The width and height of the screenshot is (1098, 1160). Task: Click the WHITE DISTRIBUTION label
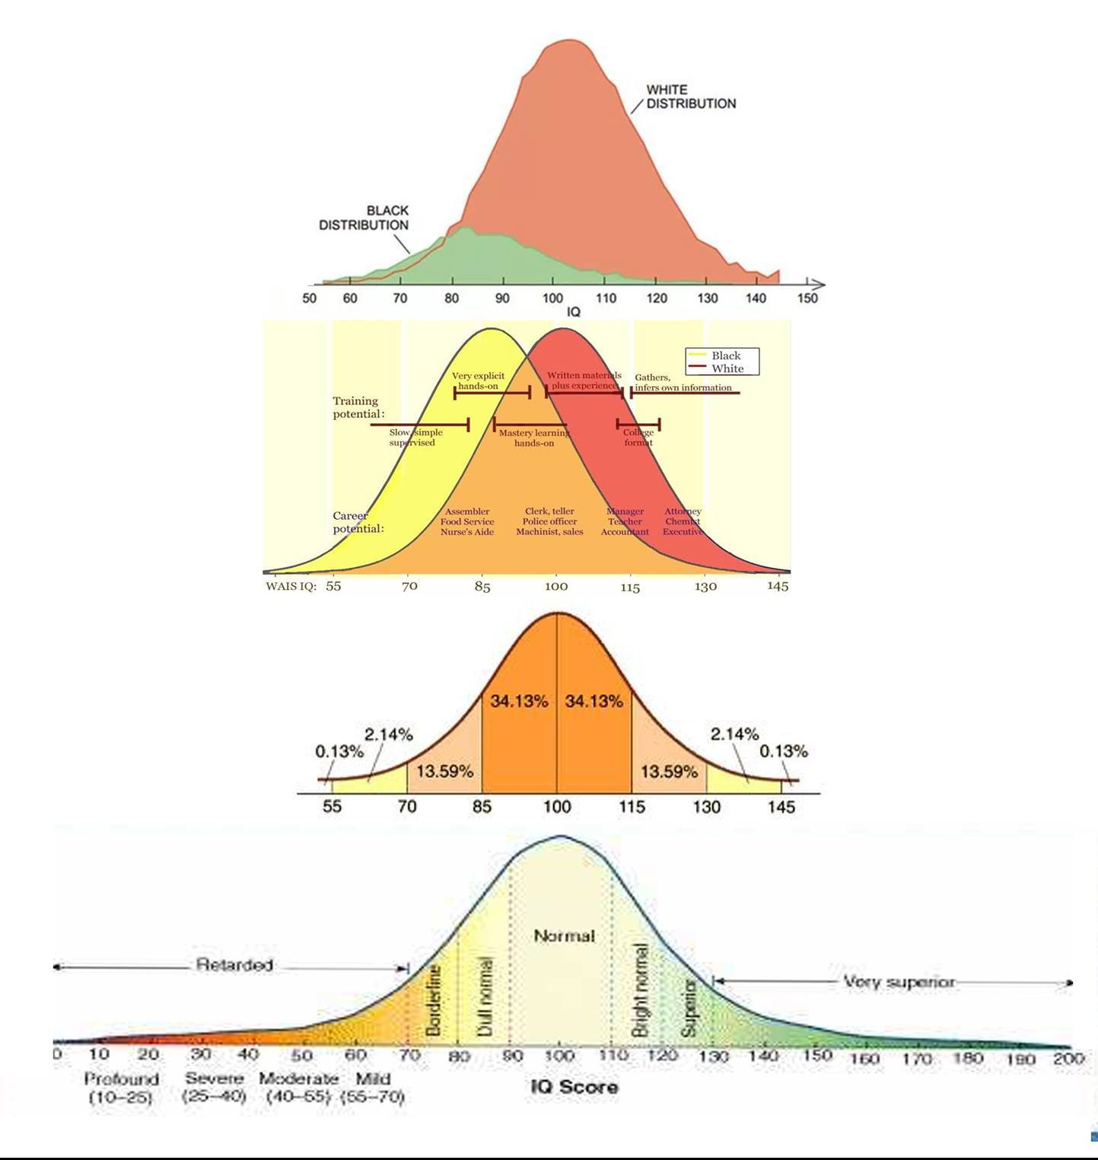click(x=690, y=97)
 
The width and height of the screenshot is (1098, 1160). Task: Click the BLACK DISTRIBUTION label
click(x=364, y=218)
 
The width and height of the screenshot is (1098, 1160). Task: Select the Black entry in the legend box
click(x=725, y=355)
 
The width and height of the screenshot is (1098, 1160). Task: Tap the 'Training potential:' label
click(x=358, y=407)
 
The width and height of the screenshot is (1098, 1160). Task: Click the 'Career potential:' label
click(x=358, y=522)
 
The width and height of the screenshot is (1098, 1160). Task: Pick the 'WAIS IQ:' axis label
click(x=291, y=586)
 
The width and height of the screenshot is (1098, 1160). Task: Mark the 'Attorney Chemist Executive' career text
click(x=683, y=521)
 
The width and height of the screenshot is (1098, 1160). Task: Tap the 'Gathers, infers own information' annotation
click(x=683, y=382)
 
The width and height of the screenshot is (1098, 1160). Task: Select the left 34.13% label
click(x=519, y=701)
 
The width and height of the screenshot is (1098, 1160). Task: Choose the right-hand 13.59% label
click(x=669, y=771)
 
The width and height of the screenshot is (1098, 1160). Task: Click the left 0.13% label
click(x=339, y=751)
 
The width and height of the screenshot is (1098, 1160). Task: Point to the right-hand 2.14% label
click(x=734, y=734)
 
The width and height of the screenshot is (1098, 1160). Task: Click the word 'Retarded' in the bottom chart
click(x=234, y=964)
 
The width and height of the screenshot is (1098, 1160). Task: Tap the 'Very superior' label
click(x=899, y=981)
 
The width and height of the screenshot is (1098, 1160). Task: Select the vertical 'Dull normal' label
click(x=484, y=996)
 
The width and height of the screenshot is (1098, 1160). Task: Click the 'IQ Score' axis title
click(x=574, y=1086)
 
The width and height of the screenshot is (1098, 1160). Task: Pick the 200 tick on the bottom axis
click(x=1068, y=1058)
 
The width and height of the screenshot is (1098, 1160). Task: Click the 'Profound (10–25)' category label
click(x=122, y=1088)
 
